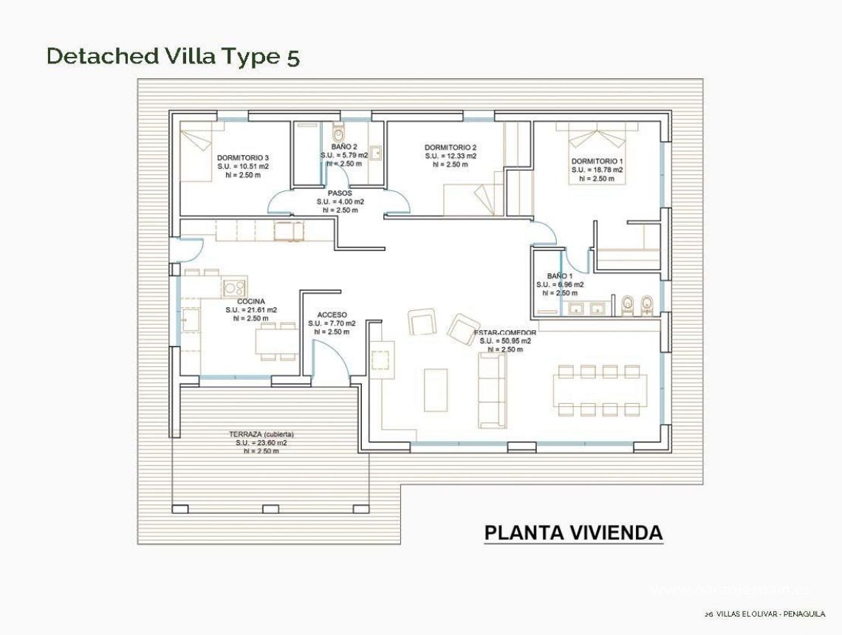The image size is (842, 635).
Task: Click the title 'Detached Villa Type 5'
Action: pyautogui.click(x=173, y=56)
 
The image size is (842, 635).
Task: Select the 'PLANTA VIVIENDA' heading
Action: pyautogui.click(x=573, y=532)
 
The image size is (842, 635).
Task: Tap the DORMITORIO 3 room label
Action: pyautogui.click(x=242, y=158)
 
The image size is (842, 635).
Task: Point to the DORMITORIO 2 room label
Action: pyautogui.click(x=450, y=147)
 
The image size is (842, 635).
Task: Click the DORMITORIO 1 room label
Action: pyautogui.click(x=597, y=161)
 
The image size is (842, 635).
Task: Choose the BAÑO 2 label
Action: pyautogui.click(x=338, y=147)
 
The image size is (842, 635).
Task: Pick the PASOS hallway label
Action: pyautogui.click(x=340, y=193)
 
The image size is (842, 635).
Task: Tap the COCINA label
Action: pyautogui.click(x=251, y=301)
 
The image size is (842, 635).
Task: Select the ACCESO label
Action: pyautogui.click(x=332, y=315)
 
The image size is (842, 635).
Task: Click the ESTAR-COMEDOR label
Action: pyautogui.click(x=505, y=333)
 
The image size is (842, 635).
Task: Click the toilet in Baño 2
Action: pyautogui.click(x=339, y=134)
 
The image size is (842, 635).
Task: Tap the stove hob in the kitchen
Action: pyautogui.click(x=235, y=287)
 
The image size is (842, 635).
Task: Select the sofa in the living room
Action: pyautogui.click(x=492, y=390)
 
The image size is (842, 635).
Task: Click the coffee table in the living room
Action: pyautogui.click(x=436, y=388)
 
